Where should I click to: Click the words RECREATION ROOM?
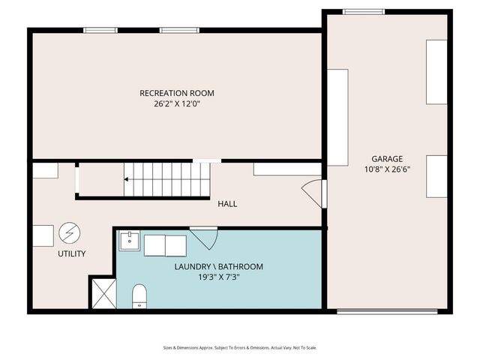(176, 93)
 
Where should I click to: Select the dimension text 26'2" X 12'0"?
(176, 104)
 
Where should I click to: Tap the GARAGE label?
(387, 159)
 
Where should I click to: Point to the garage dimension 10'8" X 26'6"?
(387, 169)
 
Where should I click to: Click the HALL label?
(227, 204)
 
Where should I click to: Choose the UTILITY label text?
(72, 253)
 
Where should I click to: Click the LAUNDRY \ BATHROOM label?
(218, 266)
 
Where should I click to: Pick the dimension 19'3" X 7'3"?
(218, 277)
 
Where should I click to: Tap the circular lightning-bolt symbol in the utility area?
(69, 232)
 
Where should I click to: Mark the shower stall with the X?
(103, 292)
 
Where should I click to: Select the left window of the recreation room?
(100, 30)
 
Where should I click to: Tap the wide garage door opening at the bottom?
(387, 310)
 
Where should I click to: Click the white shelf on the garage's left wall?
(337, 117)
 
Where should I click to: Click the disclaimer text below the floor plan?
(240, 347)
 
